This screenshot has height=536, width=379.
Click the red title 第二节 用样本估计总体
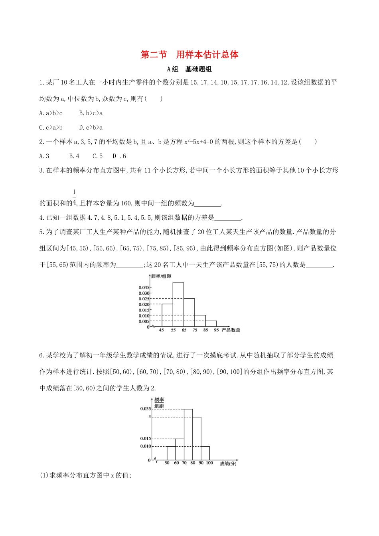(x=189, y=55)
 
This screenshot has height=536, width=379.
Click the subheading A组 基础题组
(x=189, y=69)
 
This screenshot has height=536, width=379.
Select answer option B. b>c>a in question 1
(x=91, y=113)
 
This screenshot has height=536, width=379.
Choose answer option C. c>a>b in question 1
(x=51, y=128)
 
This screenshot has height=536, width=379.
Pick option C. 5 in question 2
(x=97, y=156)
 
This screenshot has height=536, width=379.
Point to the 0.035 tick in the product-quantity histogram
(x=144, y=288)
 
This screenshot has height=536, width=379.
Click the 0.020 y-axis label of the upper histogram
(x=144, y=305)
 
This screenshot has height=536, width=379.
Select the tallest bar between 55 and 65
(x=178, y=305)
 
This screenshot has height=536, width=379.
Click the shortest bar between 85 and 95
(x=211, y=324)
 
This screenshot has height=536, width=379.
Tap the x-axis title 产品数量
(x=231, y=331)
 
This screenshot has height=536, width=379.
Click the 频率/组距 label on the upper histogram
(x=161, y=276)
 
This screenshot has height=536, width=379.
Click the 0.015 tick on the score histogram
(x=146, y=439)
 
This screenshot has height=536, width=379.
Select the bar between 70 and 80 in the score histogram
(x=188, y=435)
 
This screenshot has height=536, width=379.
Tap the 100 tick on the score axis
(x=209, y=463)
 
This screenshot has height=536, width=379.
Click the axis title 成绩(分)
(x=228, y=463)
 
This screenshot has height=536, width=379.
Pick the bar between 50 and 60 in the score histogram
(x=171, y=453)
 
